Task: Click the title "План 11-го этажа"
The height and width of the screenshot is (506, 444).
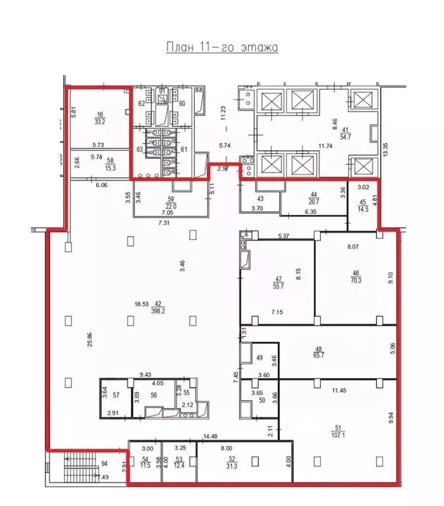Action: pos(223,47)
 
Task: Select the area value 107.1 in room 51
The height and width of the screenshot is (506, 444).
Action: pos(340,436)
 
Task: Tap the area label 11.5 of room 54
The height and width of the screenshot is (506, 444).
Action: pos(146,466)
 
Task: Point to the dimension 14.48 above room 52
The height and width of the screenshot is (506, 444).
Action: pos(211,436)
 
